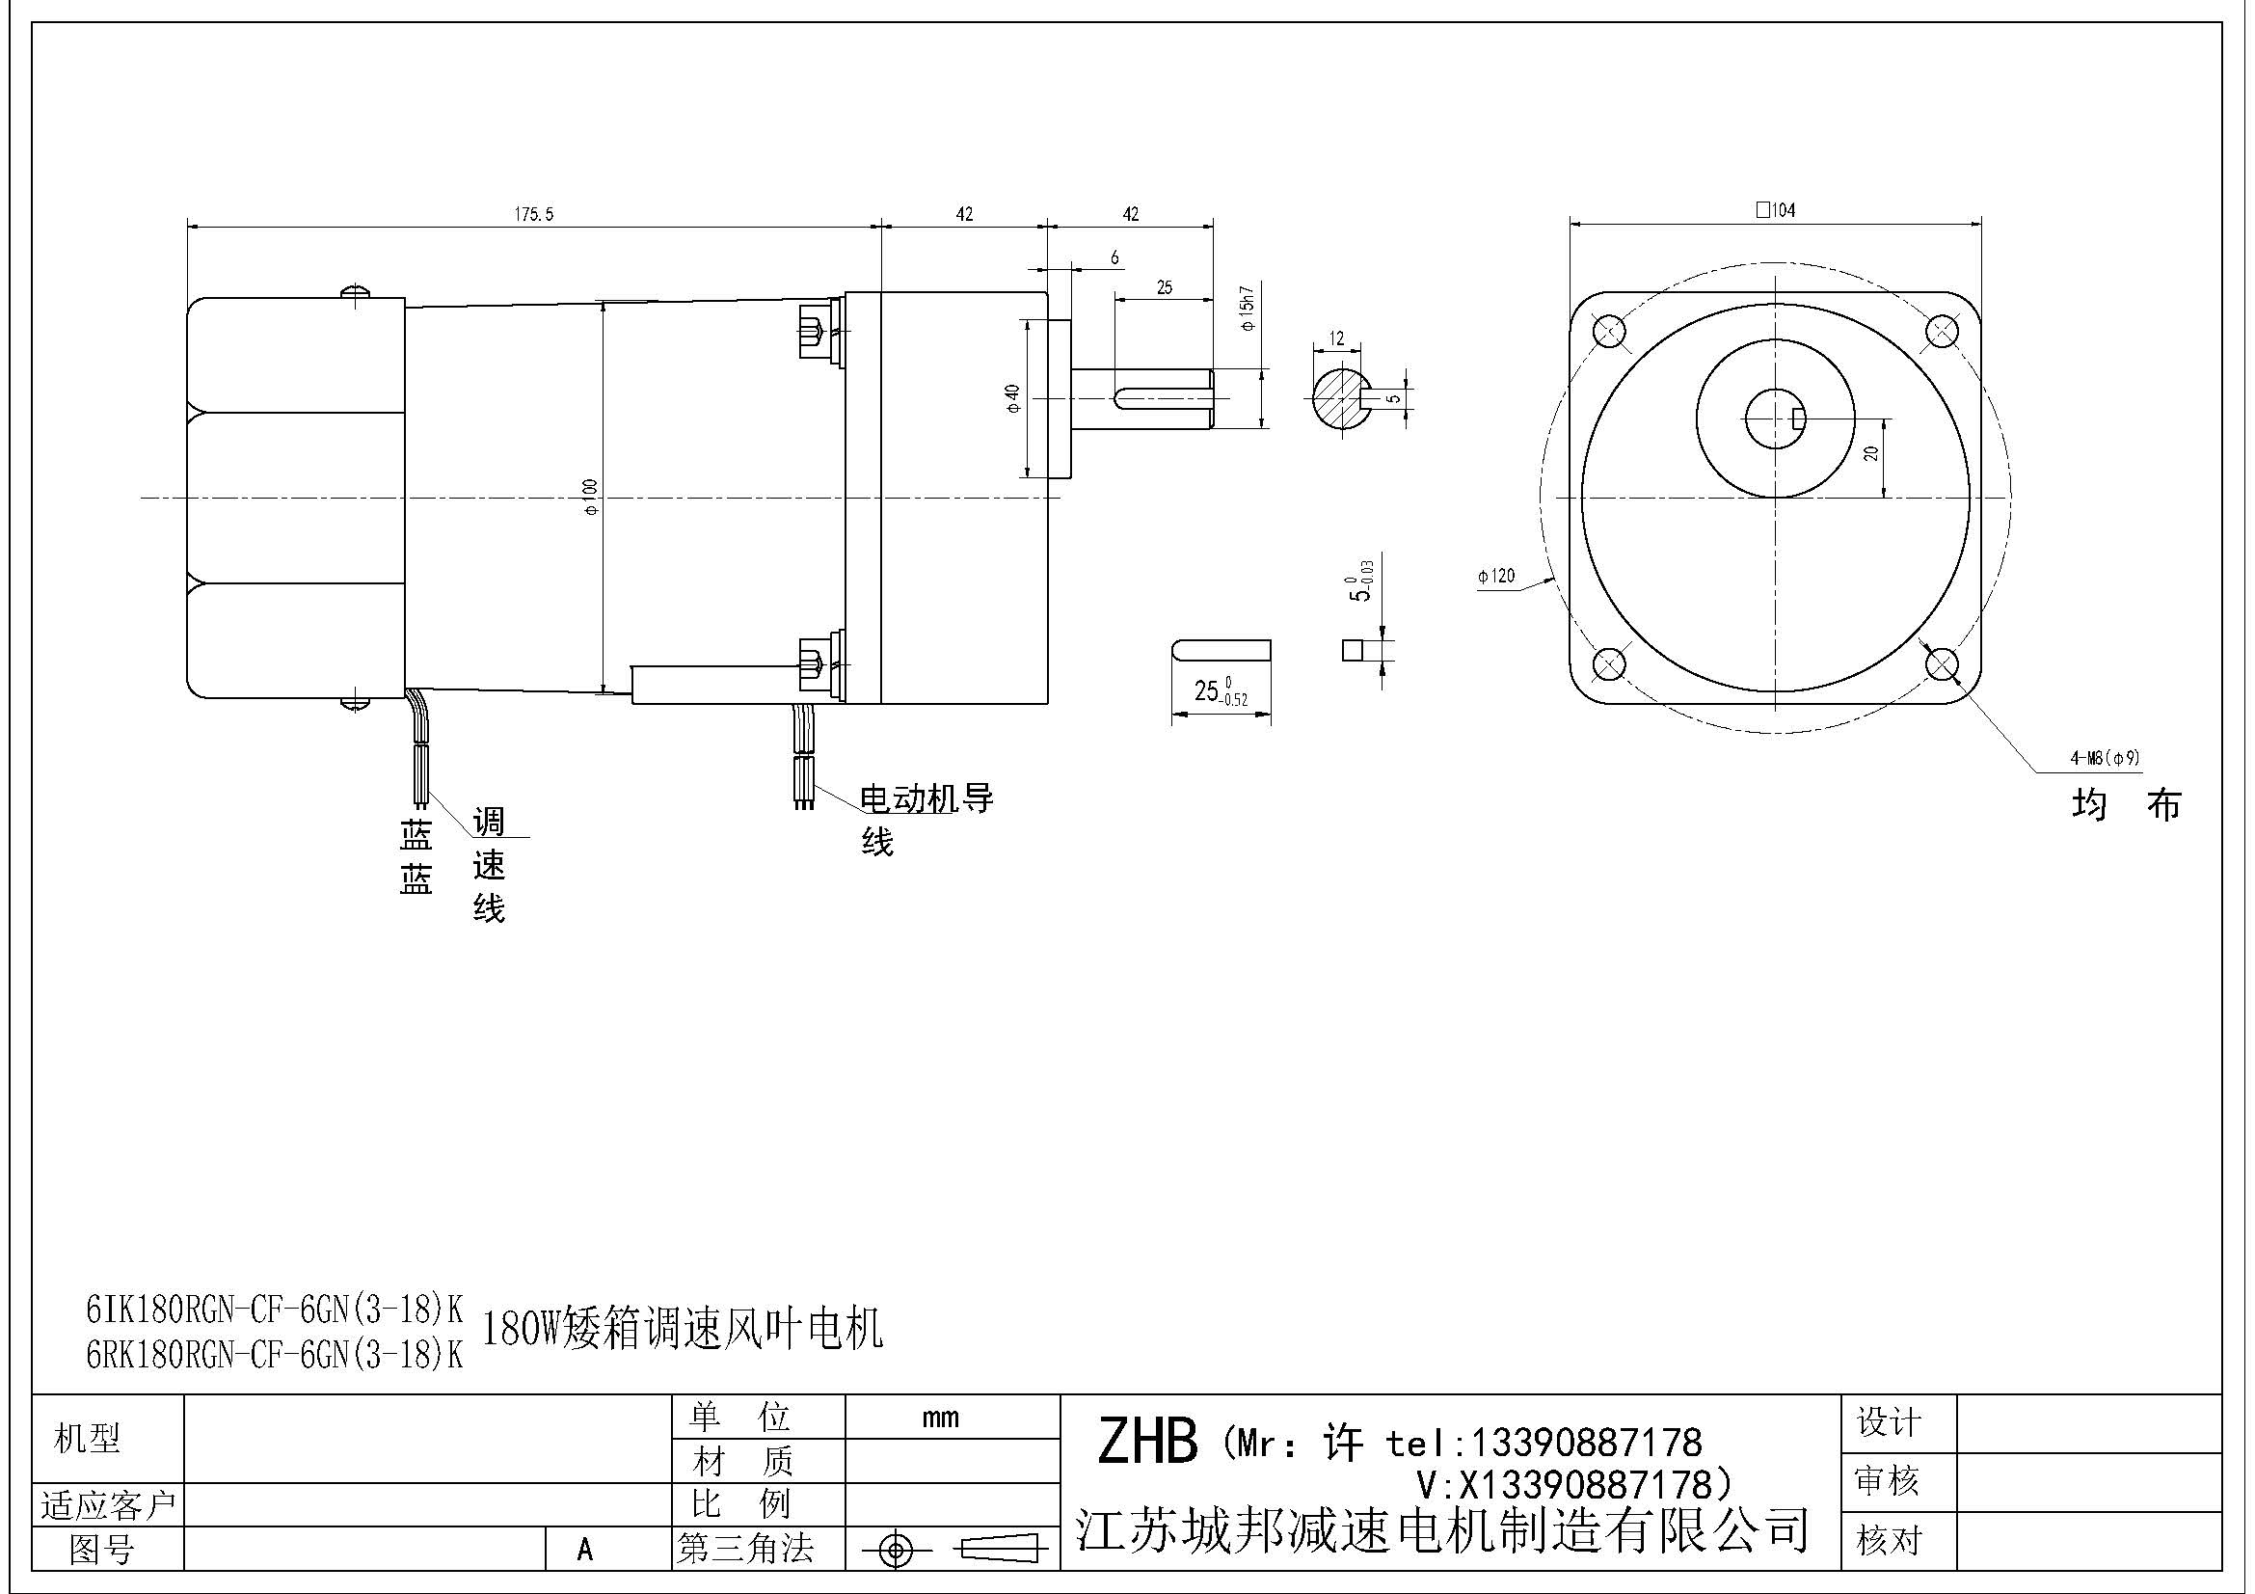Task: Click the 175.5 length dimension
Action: coord(534,214)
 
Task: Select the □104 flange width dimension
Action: coord(1776,209)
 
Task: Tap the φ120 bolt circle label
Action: coord(1496,576)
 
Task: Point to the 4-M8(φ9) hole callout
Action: coord(2105,757)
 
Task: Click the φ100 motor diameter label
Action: coord(589,497)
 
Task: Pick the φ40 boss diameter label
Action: coord(1012,397)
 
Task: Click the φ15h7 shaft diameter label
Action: coord(1247,308)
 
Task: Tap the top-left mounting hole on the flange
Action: coord(1608,331)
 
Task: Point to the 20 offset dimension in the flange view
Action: coord(1871,453)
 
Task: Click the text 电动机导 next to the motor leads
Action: coord(926,798)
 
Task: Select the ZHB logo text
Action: coord(1146,1442)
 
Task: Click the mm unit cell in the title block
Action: coord(940,1418)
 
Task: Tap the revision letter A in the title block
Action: coord(585,1550)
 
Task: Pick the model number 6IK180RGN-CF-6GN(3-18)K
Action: coord(275,1310)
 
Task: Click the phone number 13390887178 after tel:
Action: coord(1584,1443)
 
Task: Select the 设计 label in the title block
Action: coord(1888,1422)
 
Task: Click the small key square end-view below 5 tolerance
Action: coord(1354,650)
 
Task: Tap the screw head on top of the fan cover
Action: coord(355,290)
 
